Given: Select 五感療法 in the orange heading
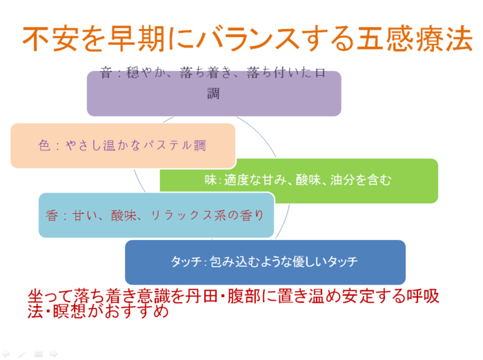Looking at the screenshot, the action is coord(415,39).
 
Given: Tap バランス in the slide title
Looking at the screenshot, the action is coord(248,39).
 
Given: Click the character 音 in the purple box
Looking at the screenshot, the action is coord(106,72).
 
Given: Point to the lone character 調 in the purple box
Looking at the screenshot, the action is coord(213,93).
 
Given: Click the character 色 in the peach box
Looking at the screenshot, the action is coord(44,145).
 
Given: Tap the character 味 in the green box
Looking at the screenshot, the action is coord(211,180).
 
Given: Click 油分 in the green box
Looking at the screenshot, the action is coord(342,180).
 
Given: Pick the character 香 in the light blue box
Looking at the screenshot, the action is coord(52,215).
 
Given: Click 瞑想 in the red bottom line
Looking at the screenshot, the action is coord(69,311).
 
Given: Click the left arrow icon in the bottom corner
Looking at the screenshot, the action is coord(6,354).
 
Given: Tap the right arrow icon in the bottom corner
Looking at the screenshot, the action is coord(54,354).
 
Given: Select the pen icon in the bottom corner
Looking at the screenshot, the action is coord(22,354).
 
